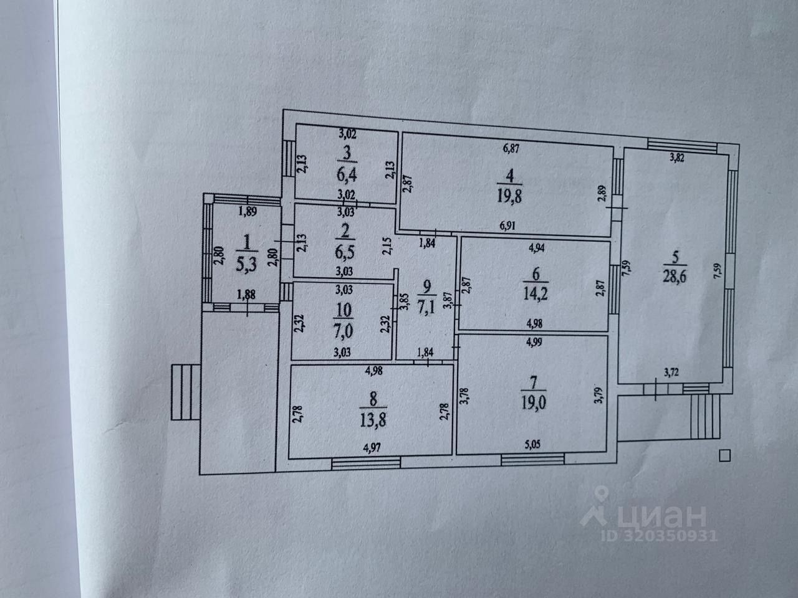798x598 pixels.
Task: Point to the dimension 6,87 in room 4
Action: (511, 149)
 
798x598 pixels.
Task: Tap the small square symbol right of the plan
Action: (724, 455)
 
